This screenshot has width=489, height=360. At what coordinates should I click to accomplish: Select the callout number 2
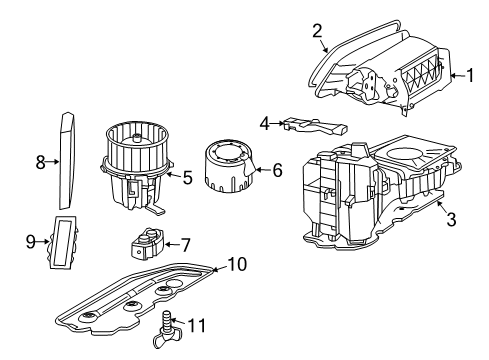pos(318,31)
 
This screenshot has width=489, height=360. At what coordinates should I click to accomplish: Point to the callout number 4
pos(265,124)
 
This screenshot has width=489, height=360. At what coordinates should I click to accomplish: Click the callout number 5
pos(185,178)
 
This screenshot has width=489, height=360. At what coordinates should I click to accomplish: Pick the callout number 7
pos(185,243)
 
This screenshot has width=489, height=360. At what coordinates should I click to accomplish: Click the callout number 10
pos(236,264)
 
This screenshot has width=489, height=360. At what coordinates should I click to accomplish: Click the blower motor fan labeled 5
pos(138,160)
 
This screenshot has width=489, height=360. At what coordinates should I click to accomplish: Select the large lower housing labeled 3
pos(370,195)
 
